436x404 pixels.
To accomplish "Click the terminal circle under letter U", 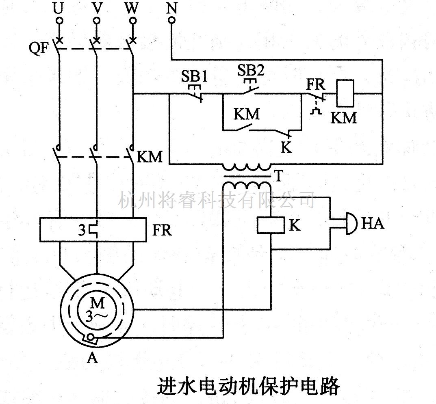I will tap(59, 20).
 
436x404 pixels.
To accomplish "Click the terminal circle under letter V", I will tap(96, 20).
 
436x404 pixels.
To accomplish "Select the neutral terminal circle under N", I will tap(172, 20).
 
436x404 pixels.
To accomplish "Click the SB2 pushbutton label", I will tap(251, 71).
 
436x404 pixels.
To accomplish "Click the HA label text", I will tap(373, 224).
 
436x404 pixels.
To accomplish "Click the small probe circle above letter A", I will tap(92, 337).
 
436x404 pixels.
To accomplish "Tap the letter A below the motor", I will tap(93, 358).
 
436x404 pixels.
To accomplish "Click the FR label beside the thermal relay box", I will tap(163, 231).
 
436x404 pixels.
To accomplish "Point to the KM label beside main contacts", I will tap(150, 157).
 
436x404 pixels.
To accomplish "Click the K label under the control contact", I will tap(286, 148).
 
